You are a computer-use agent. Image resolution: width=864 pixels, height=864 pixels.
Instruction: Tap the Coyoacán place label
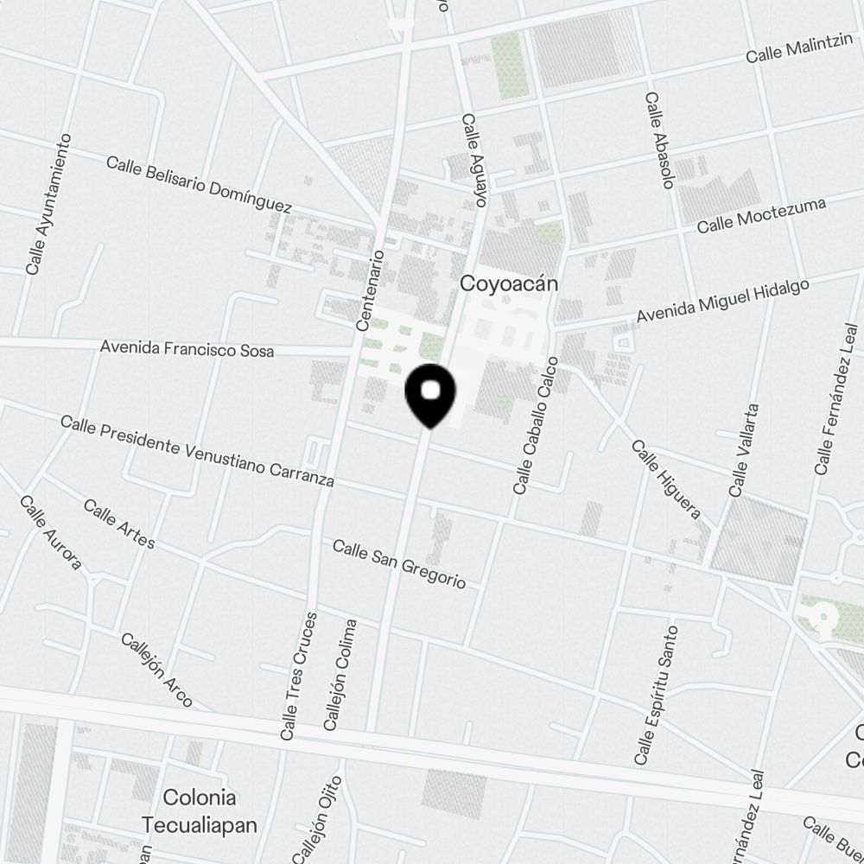510,283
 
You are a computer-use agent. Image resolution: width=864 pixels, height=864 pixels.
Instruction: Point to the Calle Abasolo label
658,140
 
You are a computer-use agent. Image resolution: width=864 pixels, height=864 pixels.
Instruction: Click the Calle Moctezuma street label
761,215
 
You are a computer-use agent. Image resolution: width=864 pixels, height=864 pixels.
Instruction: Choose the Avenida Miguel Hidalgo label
723,302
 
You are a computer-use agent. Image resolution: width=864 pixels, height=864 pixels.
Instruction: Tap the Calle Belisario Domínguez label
199,184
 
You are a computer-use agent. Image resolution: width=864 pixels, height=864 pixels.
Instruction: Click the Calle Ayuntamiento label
48,205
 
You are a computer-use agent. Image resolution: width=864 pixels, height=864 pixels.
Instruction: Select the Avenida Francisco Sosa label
187,349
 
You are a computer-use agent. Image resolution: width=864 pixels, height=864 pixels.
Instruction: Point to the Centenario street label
369,289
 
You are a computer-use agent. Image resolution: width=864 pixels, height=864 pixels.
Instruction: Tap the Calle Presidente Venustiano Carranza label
197,450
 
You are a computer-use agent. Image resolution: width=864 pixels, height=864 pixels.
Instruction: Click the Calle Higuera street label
665,480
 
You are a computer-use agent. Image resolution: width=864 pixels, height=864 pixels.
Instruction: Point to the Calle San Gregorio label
399,563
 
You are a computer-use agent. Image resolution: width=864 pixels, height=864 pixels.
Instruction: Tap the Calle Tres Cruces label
299,676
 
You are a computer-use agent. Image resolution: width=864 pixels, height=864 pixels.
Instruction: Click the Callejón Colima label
340,675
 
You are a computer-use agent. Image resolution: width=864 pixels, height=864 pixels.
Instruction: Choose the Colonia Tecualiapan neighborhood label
200,810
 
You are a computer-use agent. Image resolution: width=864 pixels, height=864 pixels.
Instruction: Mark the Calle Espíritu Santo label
656,696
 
